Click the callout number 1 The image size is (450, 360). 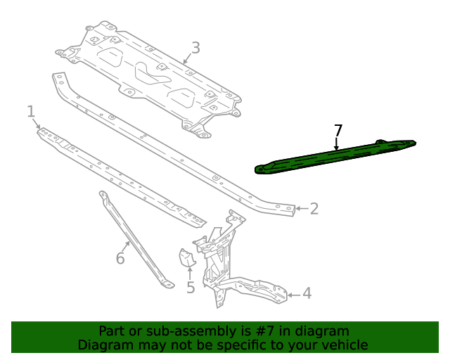tap(31, 111)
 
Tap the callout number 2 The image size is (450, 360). tap(314, 208)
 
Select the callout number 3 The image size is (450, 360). tap(195, 48)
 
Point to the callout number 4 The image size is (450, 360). tap(307, 294)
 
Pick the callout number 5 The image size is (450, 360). tap(191, 287)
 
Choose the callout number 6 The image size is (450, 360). tap(120, 259)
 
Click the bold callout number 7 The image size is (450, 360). tap(338, 130)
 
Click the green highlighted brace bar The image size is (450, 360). tap(330, 156)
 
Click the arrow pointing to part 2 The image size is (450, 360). tap(299, 208)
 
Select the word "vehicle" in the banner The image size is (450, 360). tap(342, 345)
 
